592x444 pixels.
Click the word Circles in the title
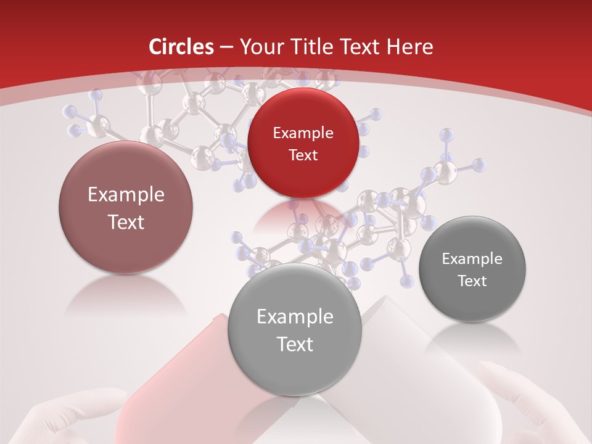click(181, 47)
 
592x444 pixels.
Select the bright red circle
click(303, 143)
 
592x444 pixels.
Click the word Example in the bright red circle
click(303, 133)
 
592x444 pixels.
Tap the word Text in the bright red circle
click(303, 155)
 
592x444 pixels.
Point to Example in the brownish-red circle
click(126, 195)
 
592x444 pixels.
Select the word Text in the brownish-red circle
click(126, 222)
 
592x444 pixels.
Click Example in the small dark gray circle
click(472, 259)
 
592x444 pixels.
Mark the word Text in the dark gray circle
click(472, 281)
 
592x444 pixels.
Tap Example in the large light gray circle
click(295, 317)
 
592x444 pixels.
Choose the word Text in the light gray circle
click(295, 344)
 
